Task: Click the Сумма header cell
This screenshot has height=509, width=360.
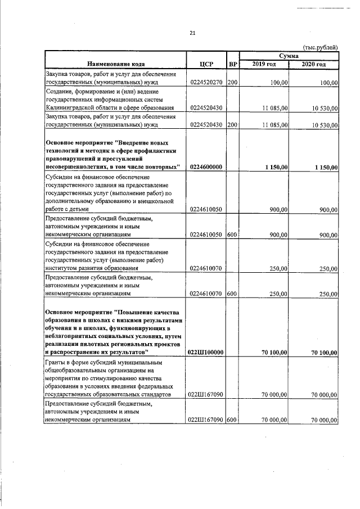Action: tap(289, 56)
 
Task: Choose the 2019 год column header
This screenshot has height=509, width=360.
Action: tap(264, 65)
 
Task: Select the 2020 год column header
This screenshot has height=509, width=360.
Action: tap(314, 65)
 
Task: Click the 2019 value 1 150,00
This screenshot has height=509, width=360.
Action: tap(274, 167)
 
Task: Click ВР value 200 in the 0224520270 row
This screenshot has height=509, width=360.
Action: tap(232, 83)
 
